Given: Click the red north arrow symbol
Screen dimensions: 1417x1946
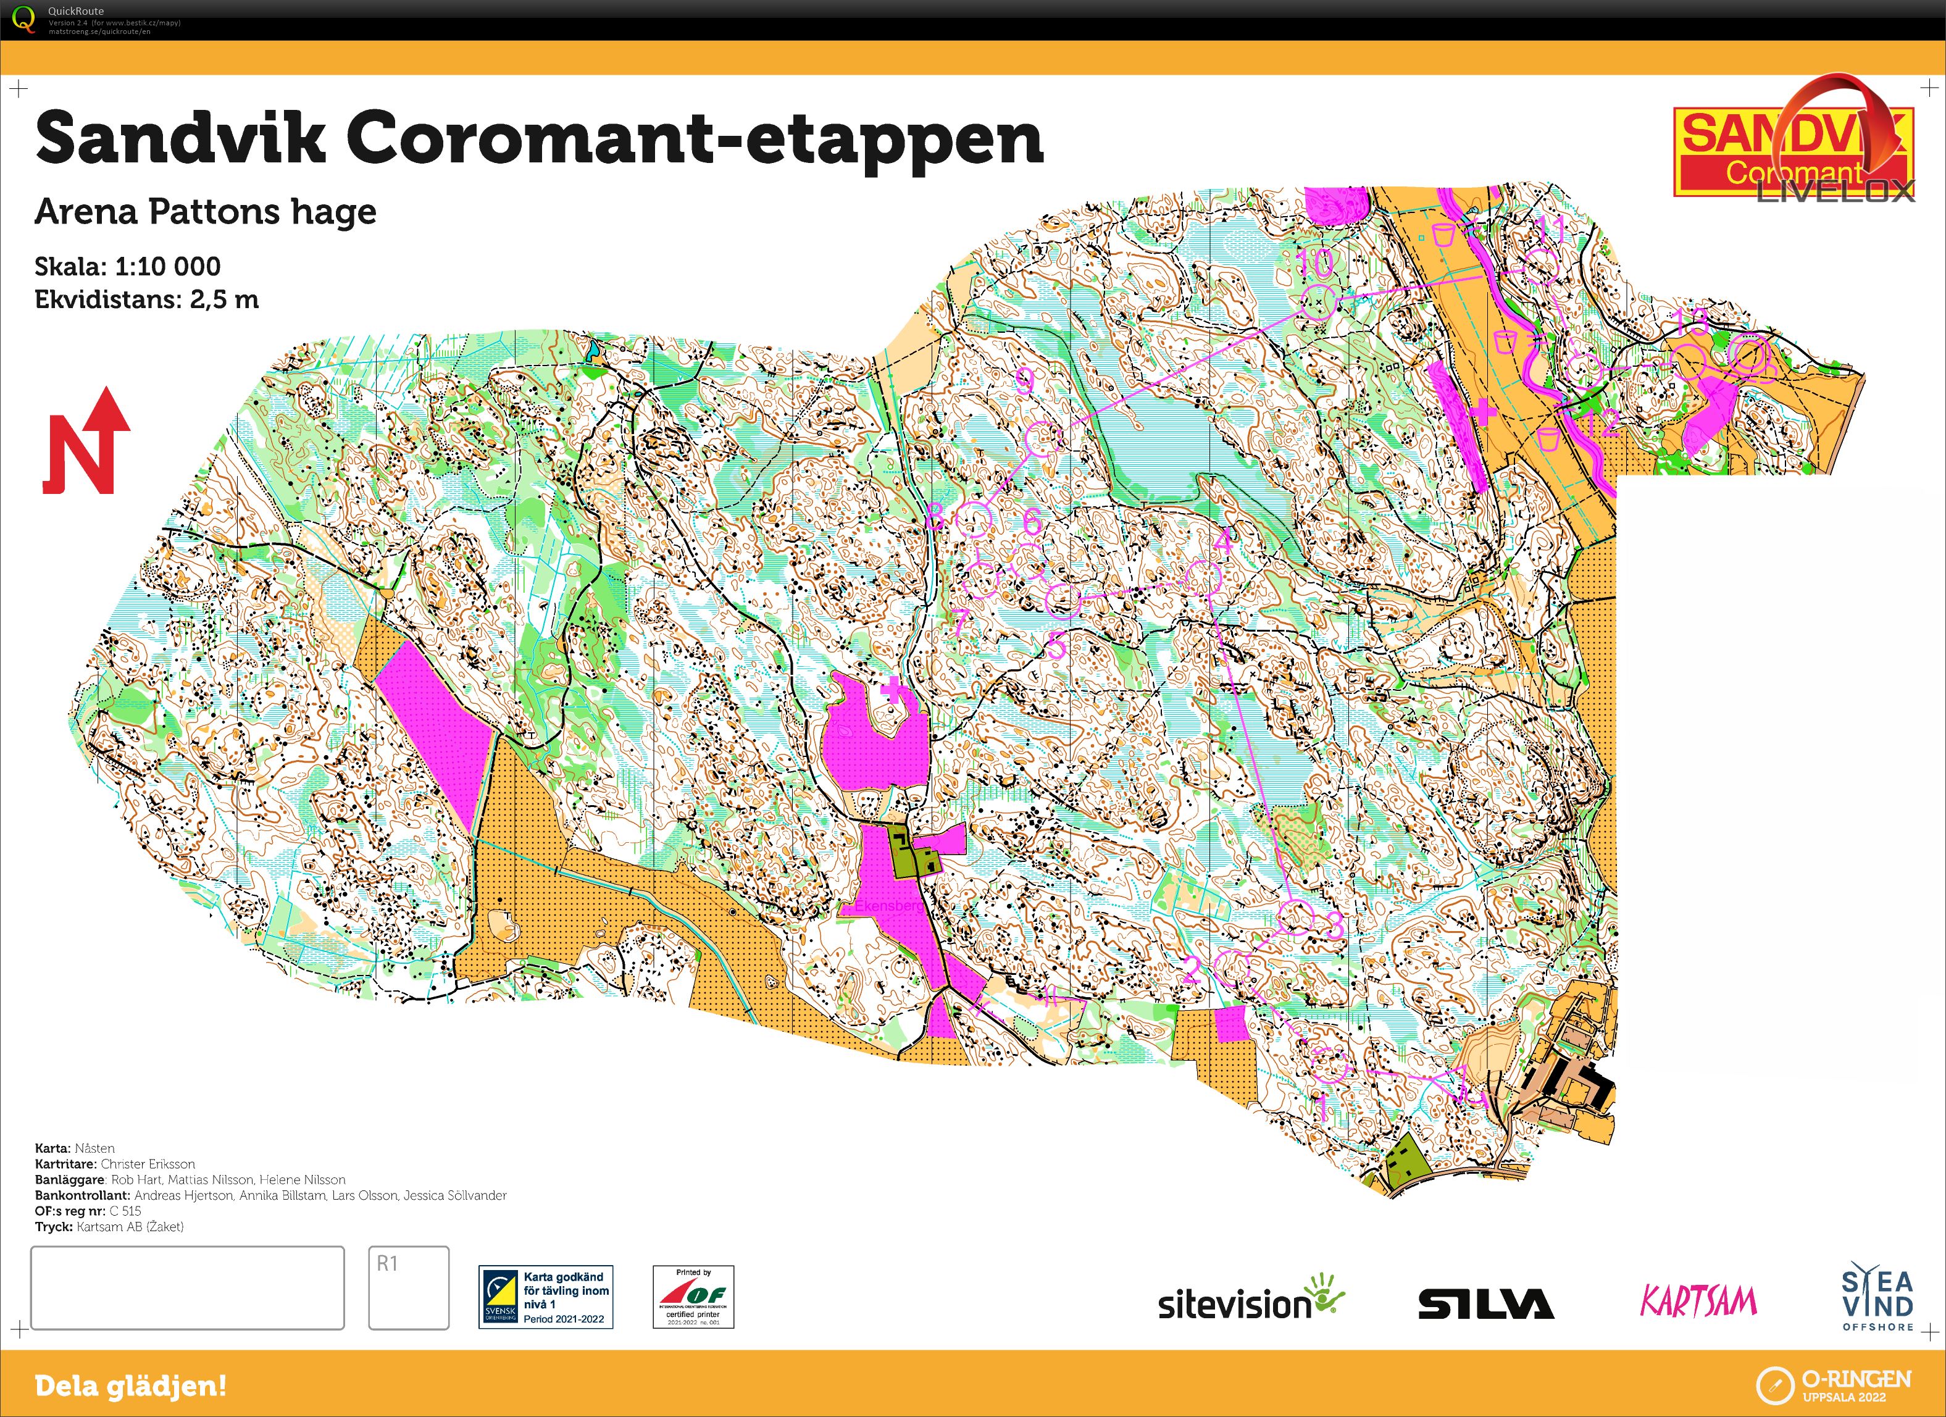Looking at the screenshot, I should [x=86, y=442].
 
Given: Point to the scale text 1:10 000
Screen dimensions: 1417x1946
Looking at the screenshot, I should [x=167, y=266].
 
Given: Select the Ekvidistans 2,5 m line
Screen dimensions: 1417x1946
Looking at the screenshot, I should [x=146, y=299].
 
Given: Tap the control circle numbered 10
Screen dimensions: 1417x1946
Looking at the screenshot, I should [x=1317, y=301].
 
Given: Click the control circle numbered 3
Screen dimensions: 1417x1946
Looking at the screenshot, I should [x=1297, y=917].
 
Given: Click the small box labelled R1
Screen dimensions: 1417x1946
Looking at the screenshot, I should [x=409, y=1287].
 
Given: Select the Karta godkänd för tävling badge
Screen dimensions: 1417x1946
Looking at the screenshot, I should [x=546, y=1297].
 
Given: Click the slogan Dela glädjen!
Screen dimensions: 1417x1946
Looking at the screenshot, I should [x=130, y=1386].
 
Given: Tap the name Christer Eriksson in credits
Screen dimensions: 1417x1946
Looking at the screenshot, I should [x=148, y=1164].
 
